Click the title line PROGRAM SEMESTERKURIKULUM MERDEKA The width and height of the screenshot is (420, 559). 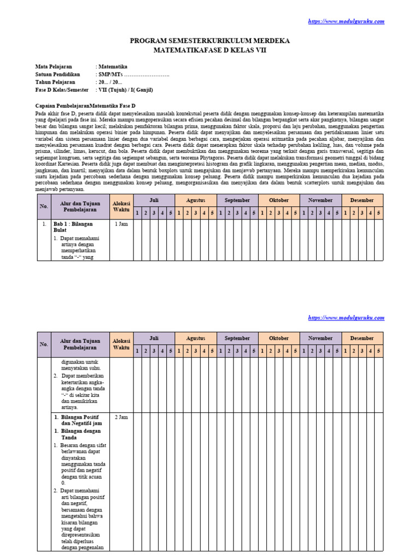(210, 41)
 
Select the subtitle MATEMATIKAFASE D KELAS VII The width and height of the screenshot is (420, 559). (210, 50)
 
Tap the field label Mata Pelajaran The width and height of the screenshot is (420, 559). (54, 66)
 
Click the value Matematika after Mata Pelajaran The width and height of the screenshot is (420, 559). (113, 66)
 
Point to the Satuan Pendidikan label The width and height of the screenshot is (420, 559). (57, 74)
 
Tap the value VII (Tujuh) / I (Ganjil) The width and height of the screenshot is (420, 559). (125, 90)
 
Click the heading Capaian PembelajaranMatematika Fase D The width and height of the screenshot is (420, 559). (85, 105)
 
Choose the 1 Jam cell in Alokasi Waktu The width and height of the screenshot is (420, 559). (121, 224)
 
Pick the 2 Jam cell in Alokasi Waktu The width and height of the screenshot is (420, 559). (121, 417)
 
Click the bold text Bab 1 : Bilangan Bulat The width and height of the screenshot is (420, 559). (73, 227)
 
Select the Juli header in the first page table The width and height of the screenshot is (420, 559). (154, 200)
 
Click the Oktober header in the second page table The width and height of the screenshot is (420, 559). (279, 338)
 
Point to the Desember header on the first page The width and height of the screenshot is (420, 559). (362, 200)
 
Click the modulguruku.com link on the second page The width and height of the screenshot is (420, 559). (346, 318)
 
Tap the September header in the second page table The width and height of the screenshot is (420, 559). (237, 338)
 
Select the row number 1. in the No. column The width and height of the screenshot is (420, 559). (44, 224)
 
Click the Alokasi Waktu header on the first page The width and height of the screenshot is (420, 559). (121, 206)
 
